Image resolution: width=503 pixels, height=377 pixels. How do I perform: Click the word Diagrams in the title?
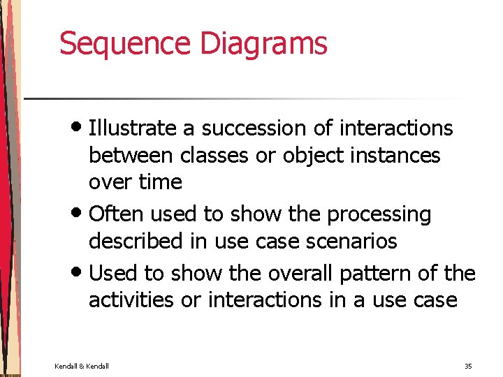(263, 43)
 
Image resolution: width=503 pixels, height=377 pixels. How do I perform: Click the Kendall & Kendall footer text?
(82, 365)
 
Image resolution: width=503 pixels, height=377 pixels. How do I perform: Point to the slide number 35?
(467, 365)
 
